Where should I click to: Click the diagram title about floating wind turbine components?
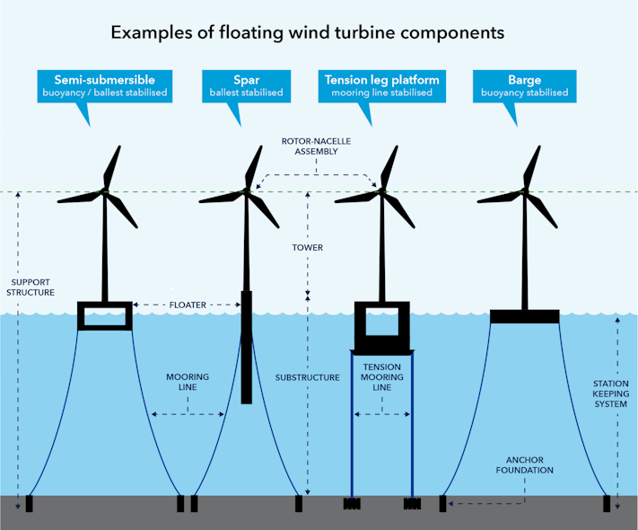[307, 32]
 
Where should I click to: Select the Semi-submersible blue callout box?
[105, 84]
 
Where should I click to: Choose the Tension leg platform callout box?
[382, 84]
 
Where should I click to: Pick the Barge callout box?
[524, 84]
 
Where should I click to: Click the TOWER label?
[307, 247]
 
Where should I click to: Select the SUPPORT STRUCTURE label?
[31, 287]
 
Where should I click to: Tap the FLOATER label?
[188, 305]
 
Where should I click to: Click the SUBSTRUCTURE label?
[307, 377]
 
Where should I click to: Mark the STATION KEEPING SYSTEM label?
[611, 393]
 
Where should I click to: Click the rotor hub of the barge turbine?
[524, 191]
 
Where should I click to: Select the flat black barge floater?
[524, 316]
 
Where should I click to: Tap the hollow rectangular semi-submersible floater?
[105, 315]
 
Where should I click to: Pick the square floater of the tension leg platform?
[381, 323]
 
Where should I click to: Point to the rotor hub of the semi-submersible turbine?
[105, 191]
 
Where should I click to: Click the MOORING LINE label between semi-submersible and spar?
[188, 381]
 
